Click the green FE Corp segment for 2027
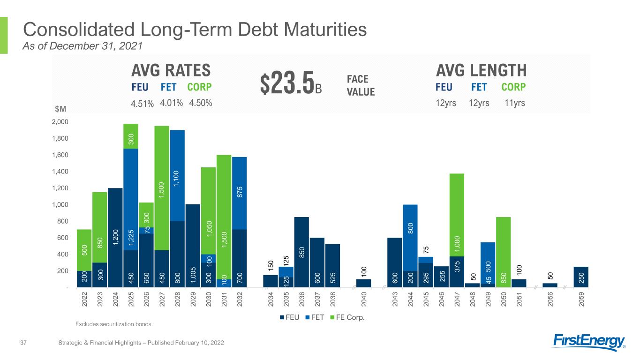coord(162,188)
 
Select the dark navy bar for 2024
coord(115,238)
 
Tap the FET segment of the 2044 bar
coord(410,238)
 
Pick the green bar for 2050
coord(504,252)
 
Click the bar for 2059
coord(581,277)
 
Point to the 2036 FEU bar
coord(301,252)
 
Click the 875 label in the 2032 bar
coord(240,192)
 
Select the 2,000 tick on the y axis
coord(60,122)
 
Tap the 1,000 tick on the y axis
coord(60,204)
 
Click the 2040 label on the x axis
coord(364,299)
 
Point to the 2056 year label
coord(550,299)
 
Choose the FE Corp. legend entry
coord(347,317)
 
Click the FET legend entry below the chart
coord(315,317)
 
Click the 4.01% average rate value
coord(172,103)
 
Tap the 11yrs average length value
coord(514,103)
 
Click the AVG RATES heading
coord(171,70)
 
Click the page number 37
coord(23,343)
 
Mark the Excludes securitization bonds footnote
coord(113,324)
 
